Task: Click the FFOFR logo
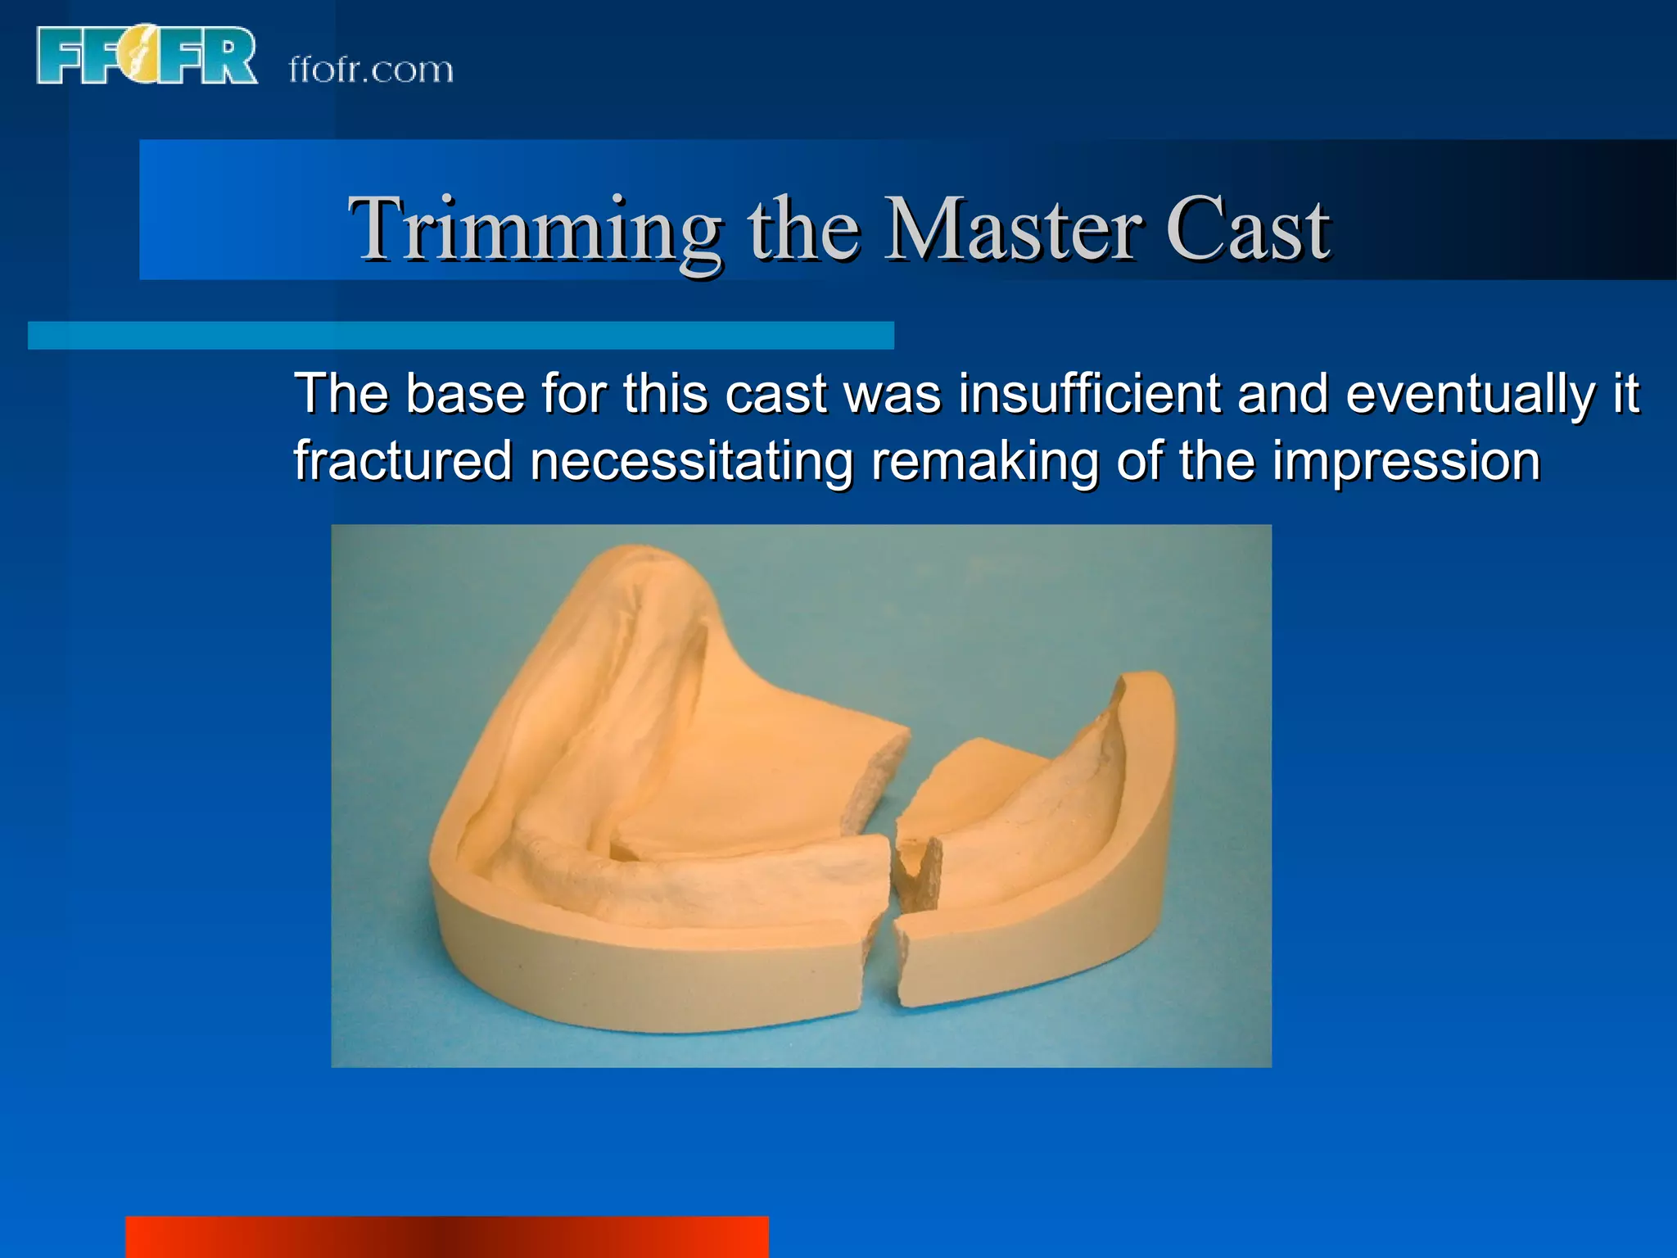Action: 146,56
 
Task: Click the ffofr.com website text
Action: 370,70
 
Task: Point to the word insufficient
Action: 1089,393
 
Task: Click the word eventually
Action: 1471,393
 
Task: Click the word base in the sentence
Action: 464,393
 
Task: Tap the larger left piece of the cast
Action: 655,819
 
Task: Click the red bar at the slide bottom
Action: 446,1237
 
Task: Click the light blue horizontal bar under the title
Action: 460,335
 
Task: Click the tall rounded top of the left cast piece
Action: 647,573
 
